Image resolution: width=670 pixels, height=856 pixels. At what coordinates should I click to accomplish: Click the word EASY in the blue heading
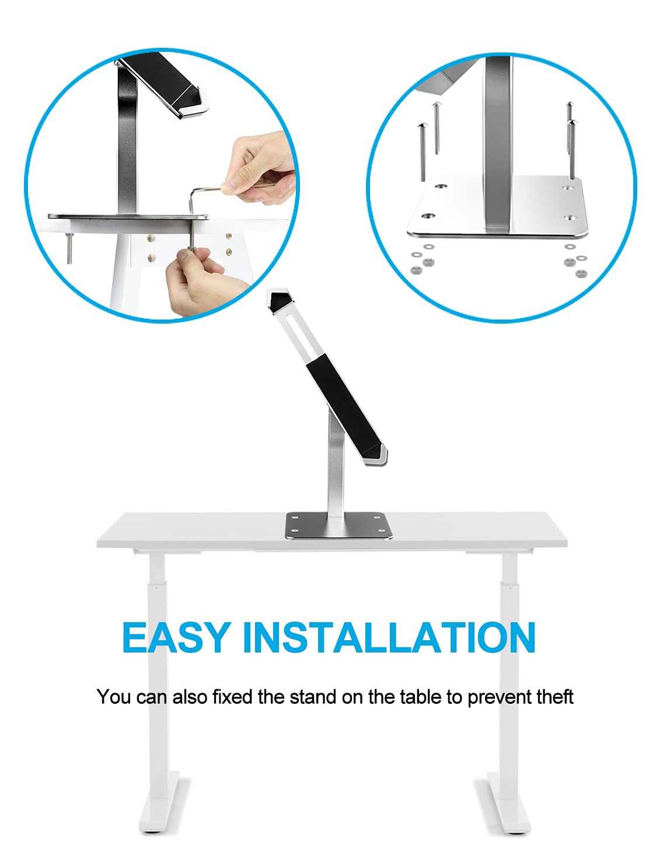[x=176, y=638]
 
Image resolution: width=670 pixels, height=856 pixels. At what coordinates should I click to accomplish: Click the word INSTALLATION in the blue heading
[x=389, y=638]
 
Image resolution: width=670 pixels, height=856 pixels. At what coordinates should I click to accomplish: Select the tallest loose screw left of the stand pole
[x=423, y=152]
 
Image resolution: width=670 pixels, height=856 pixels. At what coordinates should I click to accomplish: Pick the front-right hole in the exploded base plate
[x=570, y=217]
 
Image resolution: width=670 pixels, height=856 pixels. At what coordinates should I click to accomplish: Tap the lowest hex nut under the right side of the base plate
[x=580, y=273]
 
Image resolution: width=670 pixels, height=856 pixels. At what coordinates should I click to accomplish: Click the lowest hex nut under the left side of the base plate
[x=415, y=270]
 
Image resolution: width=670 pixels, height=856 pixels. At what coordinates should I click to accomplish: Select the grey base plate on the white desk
[x=339, y=525]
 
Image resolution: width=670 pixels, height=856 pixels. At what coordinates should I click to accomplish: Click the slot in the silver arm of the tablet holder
[x=294, y=335]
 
